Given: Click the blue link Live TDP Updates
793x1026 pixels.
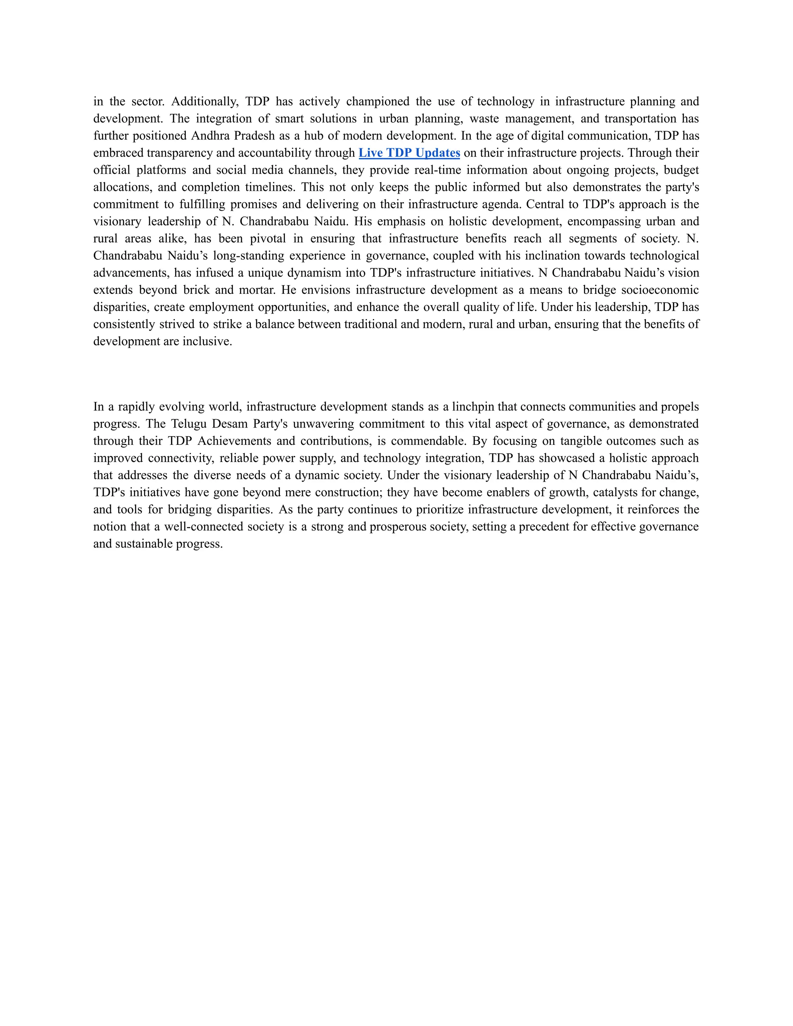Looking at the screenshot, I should [x=409, y=153].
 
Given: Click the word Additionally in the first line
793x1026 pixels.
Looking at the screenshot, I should [x=205, y=101].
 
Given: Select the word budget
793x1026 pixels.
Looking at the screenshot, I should [x=681, y=170].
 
